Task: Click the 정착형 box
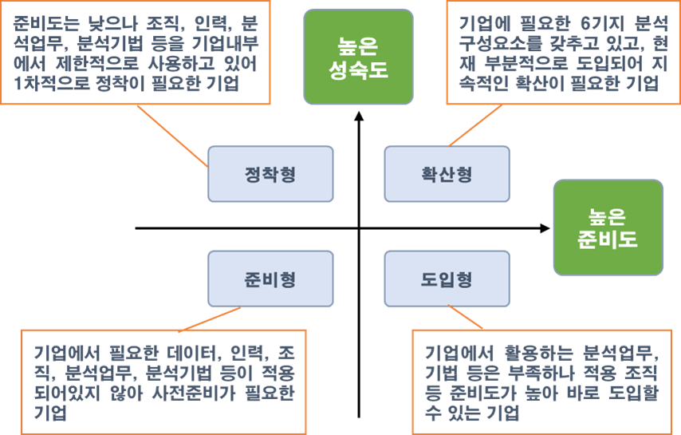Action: (x=270, y=173)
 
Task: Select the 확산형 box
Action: (x=447, y=173)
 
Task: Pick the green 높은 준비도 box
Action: (x=608, y=227)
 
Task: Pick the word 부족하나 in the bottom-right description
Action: (x=547, y=373)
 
